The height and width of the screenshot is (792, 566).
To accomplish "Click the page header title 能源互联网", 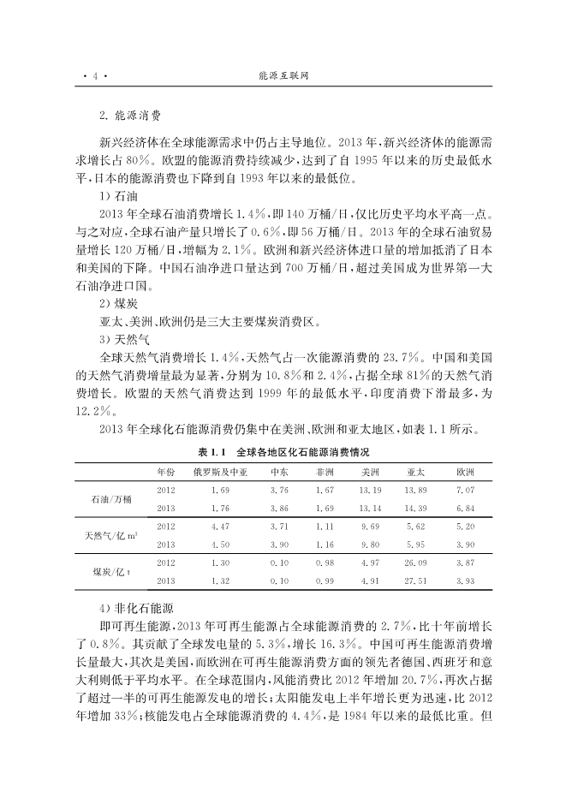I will tap(283, 75).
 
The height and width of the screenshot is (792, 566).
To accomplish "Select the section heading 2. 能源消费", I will tap(130, 113).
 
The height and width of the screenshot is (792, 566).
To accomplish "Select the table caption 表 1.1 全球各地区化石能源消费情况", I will tap(283, 451).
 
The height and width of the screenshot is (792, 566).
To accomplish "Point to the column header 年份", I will tap(166, 472).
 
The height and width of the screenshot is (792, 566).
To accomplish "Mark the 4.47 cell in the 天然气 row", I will tap(220, 526).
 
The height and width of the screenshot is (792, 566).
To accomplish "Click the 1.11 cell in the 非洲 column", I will tap(325, 526).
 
